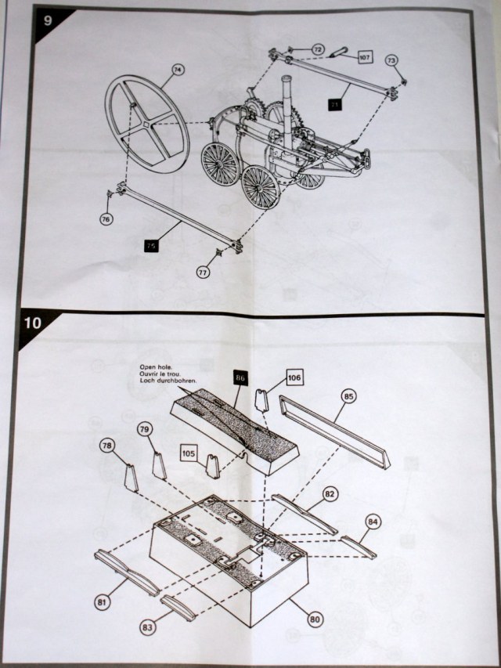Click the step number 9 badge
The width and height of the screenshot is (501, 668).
(47, 19)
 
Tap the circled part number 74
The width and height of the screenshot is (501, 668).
(178, 70)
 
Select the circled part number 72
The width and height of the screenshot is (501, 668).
(318, 49)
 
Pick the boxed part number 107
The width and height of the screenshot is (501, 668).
(365, 56)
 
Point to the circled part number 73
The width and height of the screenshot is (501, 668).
(391, 60)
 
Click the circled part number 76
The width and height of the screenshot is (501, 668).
(106, 219)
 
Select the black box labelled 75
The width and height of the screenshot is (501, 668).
(152, 246)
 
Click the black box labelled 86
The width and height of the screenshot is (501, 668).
(240, 378)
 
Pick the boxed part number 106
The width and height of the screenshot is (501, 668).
(292, 378)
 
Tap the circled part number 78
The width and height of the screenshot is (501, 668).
(108, 446)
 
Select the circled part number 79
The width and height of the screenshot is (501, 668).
(145, 429)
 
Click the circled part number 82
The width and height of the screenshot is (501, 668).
(330, 494)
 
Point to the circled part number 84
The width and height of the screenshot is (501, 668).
(372, 521)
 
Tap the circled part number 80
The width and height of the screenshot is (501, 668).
(315, 619)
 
